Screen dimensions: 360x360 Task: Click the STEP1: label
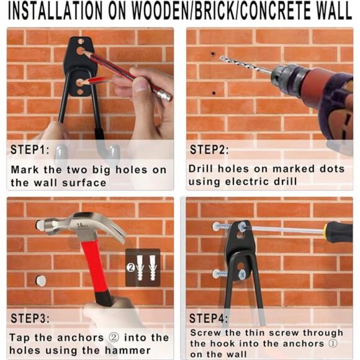coord(30,150)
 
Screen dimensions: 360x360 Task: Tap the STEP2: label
coord(210,150)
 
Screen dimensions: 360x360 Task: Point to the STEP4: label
coord(210,318)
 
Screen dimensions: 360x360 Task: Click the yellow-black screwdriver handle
coord(338,232)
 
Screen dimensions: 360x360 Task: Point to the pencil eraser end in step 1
coord(164,95)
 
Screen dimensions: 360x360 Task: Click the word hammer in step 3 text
coord(148,351)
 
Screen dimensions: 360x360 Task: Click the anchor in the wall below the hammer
coord(41,281)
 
